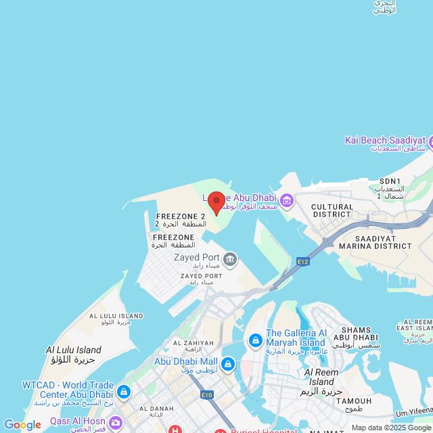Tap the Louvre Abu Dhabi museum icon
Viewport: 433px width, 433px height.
286,200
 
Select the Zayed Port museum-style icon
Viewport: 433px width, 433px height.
230,258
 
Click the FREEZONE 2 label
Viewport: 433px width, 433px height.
180,216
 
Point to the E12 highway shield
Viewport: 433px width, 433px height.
302,260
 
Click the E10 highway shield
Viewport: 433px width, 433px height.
207,394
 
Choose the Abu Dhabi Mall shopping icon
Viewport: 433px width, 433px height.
228,365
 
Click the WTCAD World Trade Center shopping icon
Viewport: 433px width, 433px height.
123,392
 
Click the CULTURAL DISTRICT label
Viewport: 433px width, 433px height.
332,210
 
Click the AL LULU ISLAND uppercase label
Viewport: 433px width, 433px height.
116,316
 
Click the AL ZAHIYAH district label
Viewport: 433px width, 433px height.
193,343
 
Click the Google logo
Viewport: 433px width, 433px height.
22,424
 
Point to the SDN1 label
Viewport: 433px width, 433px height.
390,181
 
